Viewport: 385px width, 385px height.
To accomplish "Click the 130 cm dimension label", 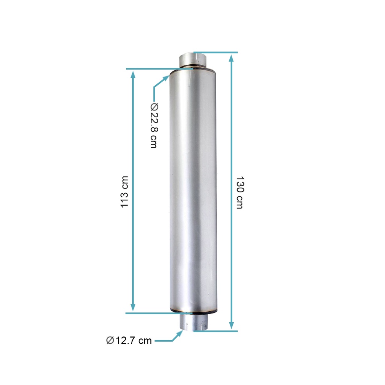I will pyautogui.click(x=239, y=192).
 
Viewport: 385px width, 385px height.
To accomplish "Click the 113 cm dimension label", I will pyautogui.click(x=124, y=191).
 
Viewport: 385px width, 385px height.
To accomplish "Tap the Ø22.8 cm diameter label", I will pyautogui.click(x=154, y=126).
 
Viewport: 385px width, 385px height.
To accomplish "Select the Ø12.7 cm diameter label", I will pyautogui.click(x=129, y=341).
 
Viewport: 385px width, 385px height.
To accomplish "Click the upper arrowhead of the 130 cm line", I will pyautogui.click(x=232, y=58).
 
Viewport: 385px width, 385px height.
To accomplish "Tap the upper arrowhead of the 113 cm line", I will pyautogui.click(x=133, y=74).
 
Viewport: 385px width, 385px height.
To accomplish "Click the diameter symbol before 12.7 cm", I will pyautogui.click(x=110, y=341).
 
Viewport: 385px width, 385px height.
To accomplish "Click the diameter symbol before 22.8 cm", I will pyautogui.click(x=154, y=106).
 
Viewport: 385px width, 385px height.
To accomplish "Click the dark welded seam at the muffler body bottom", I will pyautogui.click(x=193, y=311).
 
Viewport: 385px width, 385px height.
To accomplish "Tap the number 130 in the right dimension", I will pyautogui.click(x=239, y=184).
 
